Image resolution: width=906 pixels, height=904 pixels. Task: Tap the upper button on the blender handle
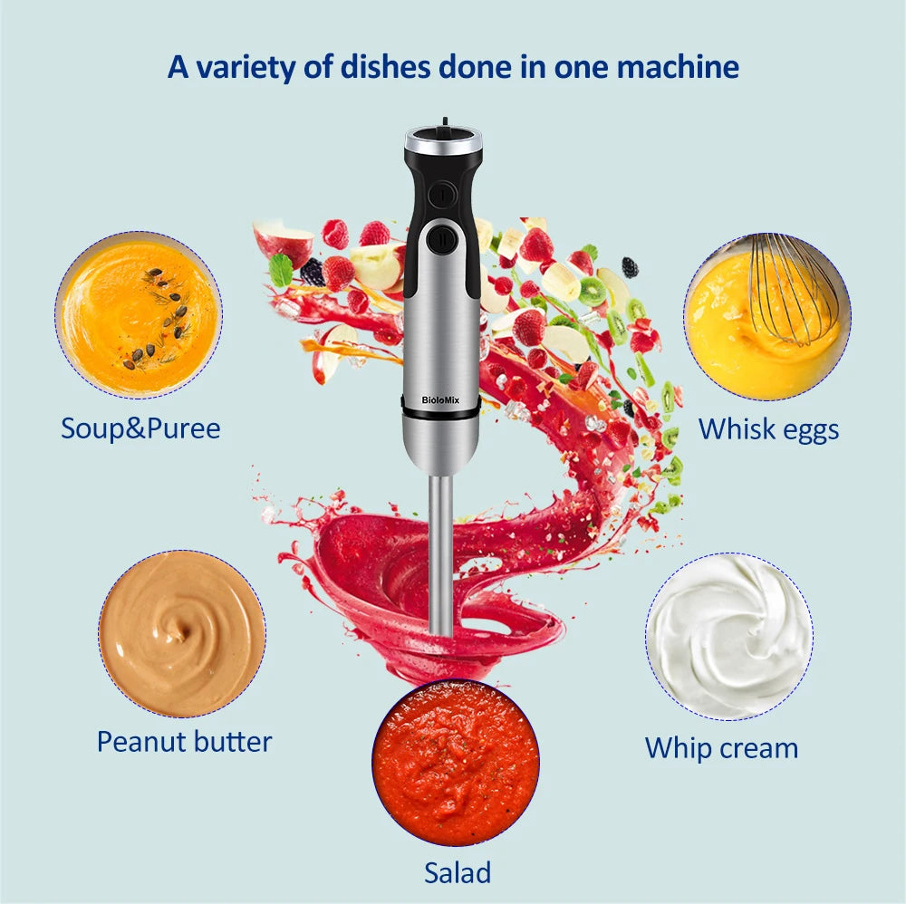point(442,193)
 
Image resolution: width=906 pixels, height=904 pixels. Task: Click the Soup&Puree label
point(140,428)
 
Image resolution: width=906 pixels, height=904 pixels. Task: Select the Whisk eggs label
point(768,429)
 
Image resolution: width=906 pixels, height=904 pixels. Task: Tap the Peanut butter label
point(184,742)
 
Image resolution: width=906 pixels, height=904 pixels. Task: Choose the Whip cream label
point(721,748)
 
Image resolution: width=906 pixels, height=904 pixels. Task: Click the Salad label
point(458,872)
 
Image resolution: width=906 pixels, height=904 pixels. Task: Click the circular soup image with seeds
point(138,314)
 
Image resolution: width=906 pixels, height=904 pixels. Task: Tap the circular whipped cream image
point(729,637)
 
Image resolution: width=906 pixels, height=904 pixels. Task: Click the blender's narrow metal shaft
point(440,553)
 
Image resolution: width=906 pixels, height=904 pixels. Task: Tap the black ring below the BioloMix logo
point(441,414)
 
